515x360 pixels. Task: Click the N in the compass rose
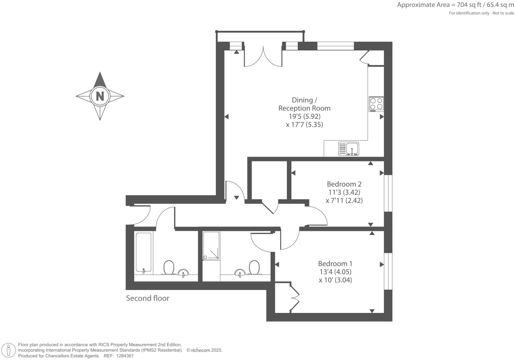pyautogui.click(x=100, y=96)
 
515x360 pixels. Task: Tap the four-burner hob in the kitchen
pyautogui.click(x=376, y=104)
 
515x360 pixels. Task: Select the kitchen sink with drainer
pyautogui.click(x=348, y=149)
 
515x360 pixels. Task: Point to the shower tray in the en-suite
pyautogui.click(x=211, y=246)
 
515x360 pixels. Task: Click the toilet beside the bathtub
pyautogui.click(x=169, y=267)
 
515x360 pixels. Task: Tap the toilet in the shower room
pyautogui.click(x=254, y=267)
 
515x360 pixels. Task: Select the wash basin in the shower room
pyautogui.click(x=240, y=273)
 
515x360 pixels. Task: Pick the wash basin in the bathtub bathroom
pyautogui.click(x=183, y=273)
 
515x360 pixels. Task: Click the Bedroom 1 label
pyautogui.click(x=335, y=263)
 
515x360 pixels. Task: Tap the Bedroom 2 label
pyautogui.click(x=344, y=184)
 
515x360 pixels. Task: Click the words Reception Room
pyautogui.click(x=304, y=108)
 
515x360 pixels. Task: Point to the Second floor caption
pyautogui.click(x=148, y=298)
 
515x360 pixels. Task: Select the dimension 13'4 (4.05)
pyautogui.click(x=335, y=272)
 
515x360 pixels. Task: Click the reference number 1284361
pyautogui.click(x=124, y=356)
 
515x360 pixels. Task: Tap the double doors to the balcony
pyautogui.click(x=263, y=56)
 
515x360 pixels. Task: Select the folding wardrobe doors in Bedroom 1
pyautogui.click(x=294, y=297)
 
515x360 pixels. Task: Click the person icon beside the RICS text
pyautogui.click(x=9, y=350)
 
